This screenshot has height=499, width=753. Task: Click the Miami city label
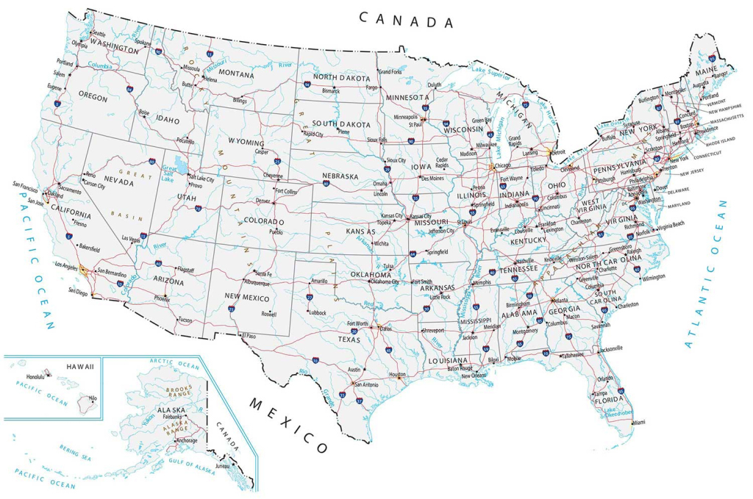click(638, 423)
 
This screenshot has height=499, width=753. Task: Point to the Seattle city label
click(99, 34)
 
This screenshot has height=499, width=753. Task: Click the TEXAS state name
click(349, 340)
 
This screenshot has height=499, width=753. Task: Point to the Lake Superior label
click(490, 72)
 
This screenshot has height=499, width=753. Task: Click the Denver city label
click(263, 200)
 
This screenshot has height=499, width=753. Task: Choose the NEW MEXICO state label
click(247, 298)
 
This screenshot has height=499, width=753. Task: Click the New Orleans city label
click(474, 376)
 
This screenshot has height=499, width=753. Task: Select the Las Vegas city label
click(132, 238)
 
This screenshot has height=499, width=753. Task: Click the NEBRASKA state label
click(340, 176)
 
